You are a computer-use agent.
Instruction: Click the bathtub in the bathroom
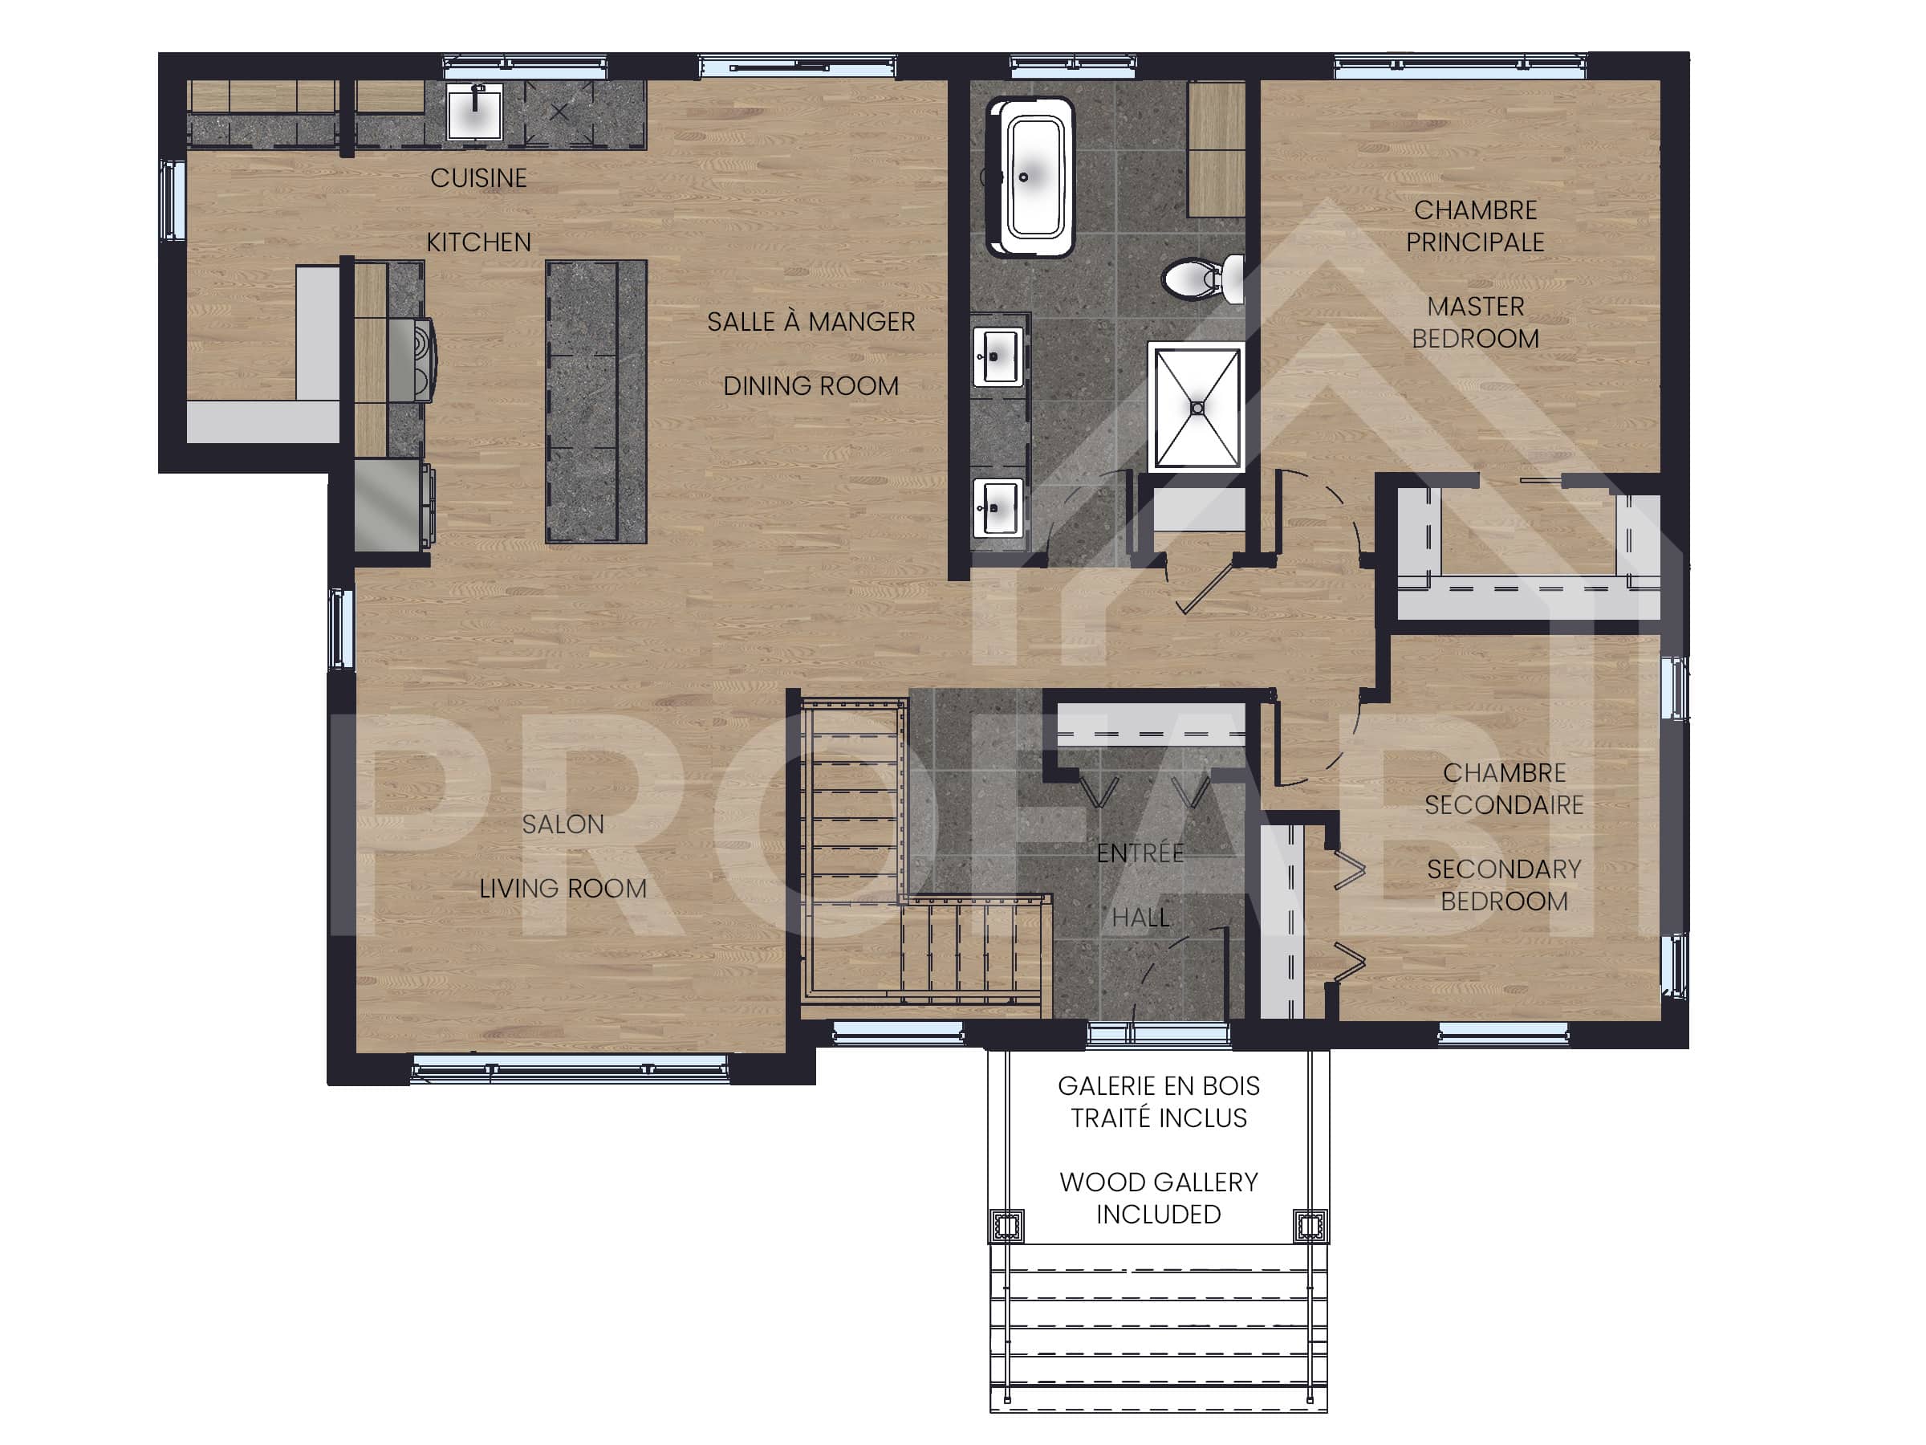click(1031, 177)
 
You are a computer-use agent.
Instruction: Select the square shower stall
click(1197, 408)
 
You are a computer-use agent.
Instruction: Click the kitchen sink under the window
click(474, 111)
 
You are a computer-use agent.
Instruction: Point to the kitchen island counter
click(595, 402)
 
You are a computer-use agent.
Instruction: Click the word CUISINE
click(478, 178)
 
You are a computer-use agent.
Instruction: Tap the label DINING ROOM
click(811, 386)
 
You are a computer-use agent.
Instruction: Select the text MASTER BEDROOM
click(1475, 322)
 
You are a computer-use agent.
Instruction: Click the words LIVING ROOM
click(563, 889)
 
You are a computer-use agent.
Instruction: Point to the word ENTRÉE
click(1140, 853)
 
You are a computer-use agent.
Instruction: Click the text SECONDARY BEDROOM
click(1504, 885)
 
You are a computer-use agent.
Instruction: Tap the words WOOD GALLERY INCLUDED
click(1158, 1198)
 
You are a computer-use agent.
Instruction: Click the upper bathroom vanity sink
click(997, 356)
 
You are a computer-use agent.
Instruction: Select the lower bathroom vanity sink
click(997, 507)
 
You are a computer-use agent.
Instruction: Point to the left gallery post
click(1006, 1226)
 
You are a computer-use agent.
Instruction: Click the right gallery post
click(1310, 1226)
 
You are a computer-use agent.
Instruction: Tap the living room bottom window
click(570, 1068)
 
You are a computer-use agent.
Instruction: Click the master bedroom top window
click(1461, 66)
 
